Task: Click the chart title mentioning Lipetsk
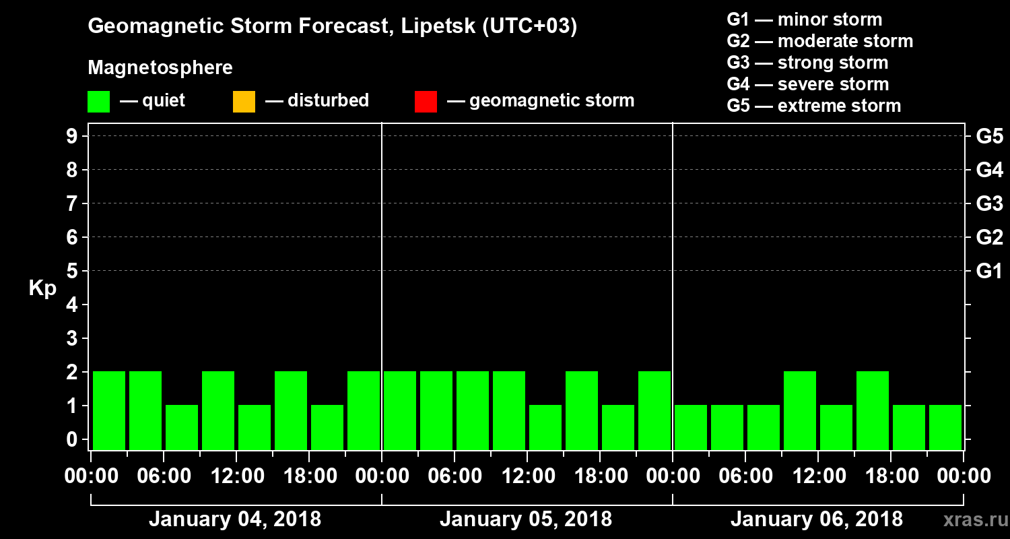coord(333,27)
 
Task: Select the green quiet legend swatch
coord(98,102)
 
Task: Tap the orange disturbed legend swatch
coord(244,102)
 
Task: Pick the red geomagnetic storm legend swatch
coord(426,102)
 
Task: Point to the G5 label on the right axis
coord(989,137)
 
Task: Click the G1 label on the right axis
coord(989,272)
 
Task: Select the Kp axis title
coord(42,288)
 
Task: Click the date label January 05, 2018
coord(526,519)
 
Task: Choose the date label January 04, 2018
coord(235,519)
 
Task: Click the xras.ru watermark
coord(970,520)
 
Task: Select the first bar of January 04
coord(109,410)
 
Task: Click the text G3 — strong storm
coord(807,63)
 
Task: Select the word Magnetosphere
coord(160,68)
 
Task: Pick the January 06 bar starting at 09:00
coord(800,410)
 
